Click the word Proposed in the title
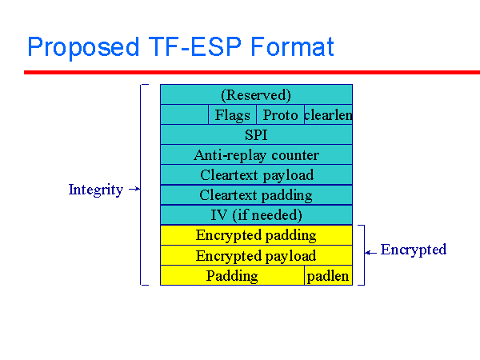click(82, 47)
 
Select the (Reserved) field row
click(256, 94)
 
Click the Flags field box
click(232, 115)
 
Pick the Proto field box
click(280, 115)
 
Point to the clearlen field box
click(328, 115)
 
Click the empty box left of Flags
click(184, 115)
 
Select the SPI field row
click(256, 135)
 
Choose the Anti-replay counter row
click(256, 155)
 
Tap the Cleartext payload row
click(256, 175)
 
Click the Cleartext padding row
click(256, 195)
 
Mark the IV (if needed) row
click(256, 215)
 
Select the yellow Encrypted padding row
click(256, 235)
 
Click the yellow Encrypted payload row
click(256, 256)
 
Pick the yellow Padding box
click(232, 276)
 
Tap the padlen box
click(328, 276)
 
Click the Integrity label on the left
click(96, 190)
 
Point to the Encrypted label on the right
click(413, 250)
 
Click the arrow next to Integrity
click(134, 190)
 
